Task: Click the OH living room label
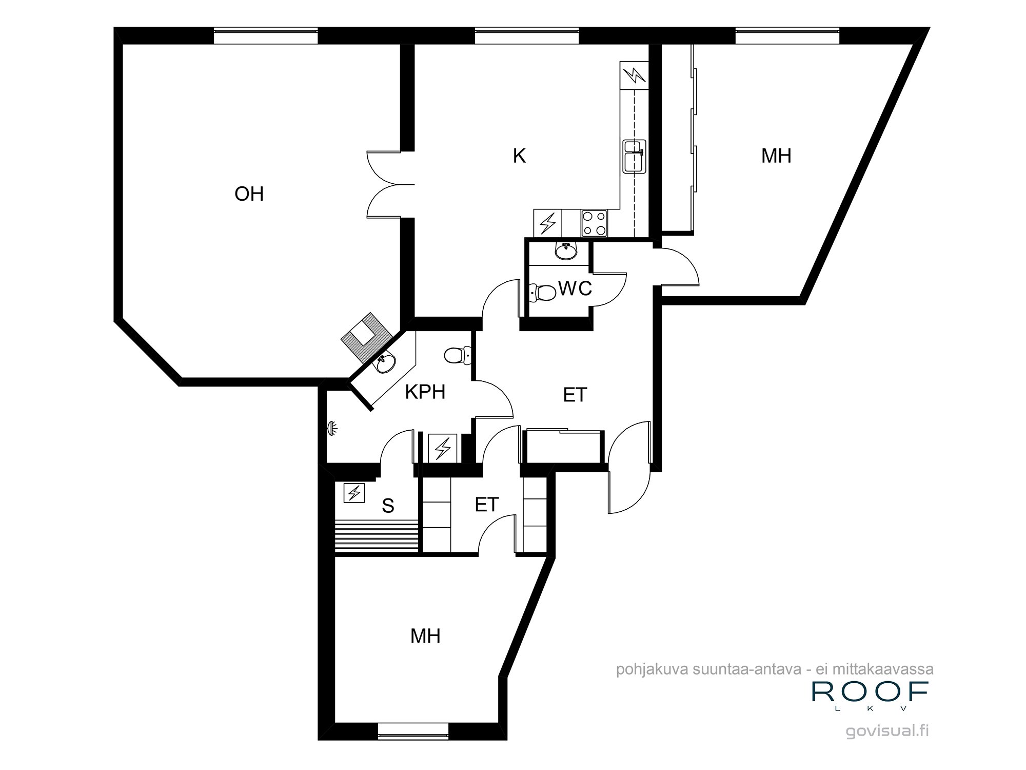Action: click(249, 194)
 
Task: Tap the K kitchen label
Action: click(519, 156)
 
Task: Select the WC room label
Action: click(575, 288)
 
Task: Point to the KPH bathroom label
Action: click(425, 392)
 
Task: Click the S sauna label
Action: click(388, 506)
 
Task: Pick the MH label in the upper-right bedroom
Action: click(776, 156)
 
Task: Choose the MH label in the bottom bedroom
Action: click(425, 636)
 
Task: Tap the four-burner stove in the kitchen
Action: click(594, 223)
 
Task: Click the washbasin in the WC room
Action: click(566, 251)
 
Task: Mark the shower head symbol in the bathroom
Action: click(332, 428)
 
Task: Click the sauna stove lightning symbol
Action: click(354, 493)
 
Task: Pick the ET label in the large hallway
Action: click(575, 395)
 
